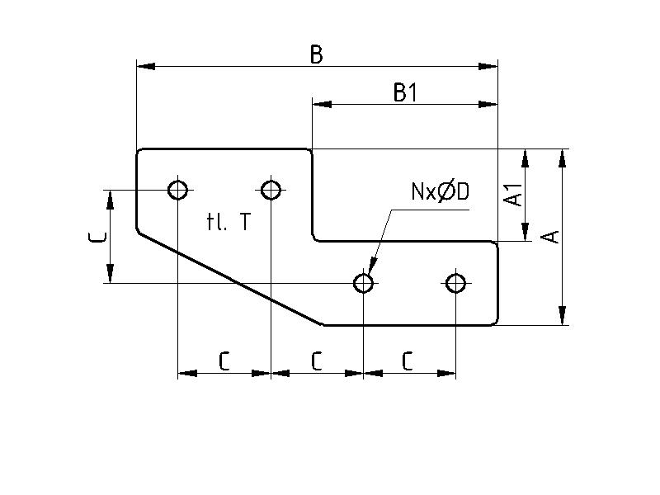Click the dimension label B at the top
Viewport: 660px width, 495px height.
pyautogui.click(x=316, y=54)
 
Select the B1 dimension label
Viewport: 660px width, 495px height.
pyautogui.click(x=405, y=93)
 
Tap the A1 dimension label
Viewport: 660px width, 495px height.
pyautogui.click(x=513, y=195)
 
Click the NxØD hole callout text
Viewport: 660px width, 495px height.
pyautogui.click(x=440, y=192)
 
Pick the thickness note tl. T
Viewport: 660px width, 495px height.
pyautogui.click(x=229, y=221)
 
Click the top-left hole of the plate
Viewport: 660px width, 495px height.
pyautogui.click(x=177, y=190)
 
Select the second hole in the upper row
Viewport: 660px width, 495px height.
pyautogui.click(x=271, y=190)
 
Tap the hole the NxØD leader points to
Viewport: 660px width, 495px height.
pyautogui.click(x=363, y=283)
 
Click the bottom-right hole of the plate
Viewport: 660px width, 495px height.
pyautogui.click(x=455, y=283)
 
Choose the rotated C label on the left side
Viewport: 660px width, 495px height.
pyautogui.click(x=97, y=238)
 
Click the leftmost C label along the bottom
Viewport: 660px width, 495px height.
pyautogui.click(x=224, y=361)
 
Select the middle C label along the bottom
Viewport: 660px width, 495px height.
pyautogui.click(x=316, y=361)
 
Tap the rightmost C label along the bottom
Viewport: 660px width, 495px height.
pyautogui.click(x=408, y=361)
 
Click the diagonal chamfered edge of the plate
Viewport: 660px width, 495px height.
pyautogui.click(x=231, y=279)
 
